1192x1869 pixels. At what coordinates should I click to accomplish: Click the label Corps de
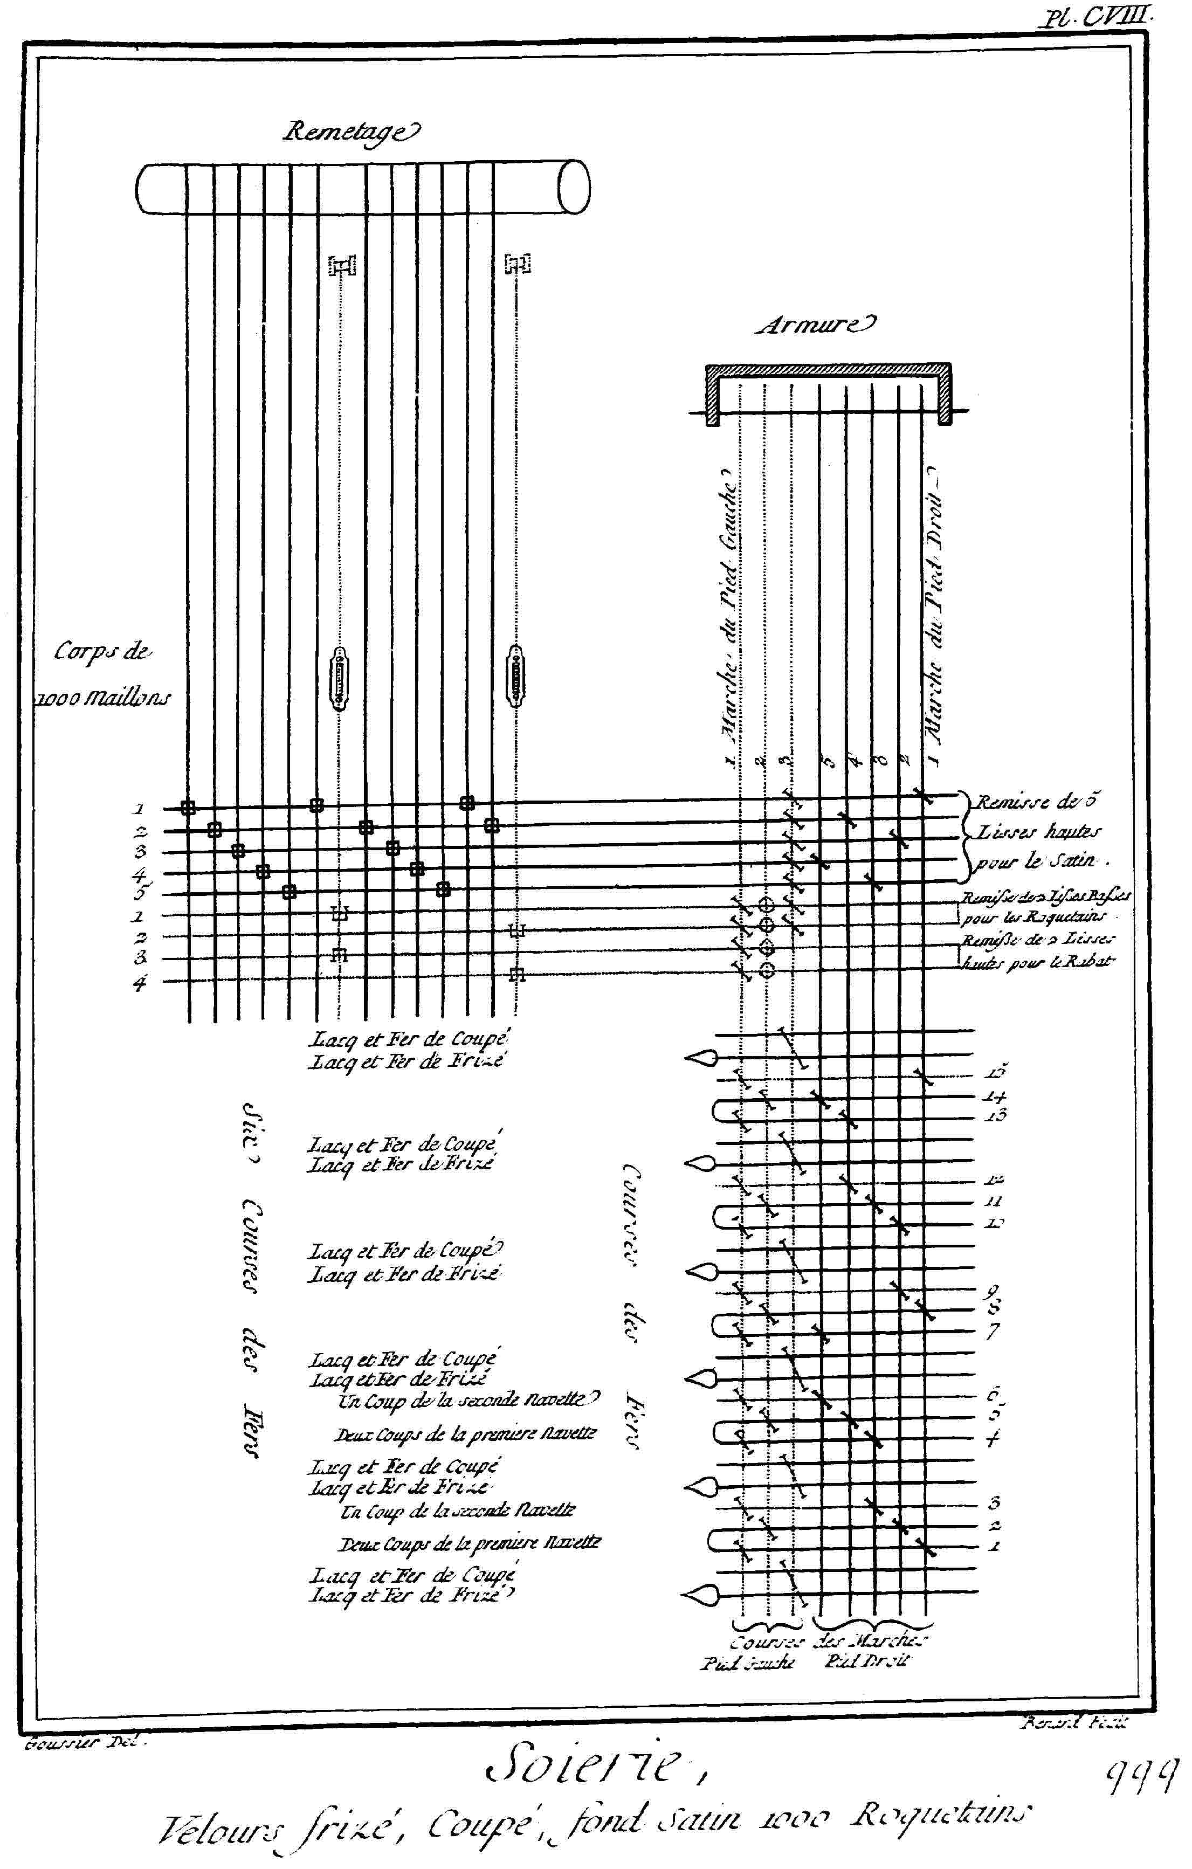point(102,652)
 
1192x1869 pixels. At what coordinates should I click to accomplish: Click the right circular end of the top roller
point(574,187)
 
